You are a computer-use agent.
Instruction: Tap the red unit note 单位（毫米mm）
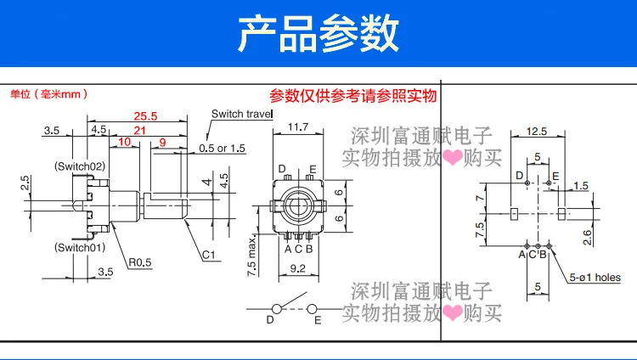point(48,94)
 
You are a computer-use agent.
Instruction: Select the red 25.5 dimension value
point(145,115)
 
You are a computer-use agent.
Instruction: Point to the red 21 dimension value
point(139,130)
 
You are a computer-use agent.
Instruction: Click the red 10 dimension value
point(124,142)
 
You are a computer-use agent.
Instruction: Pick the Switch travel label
point(240,114)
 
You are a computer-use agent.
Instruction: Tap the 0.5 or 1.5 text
point(222,148)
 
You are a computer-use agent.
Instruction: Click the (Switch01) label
point(79,247)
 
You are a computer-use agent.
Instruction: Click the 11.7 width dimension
point(298,127)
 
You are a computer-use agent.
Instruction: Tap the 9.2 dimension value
point(298,267)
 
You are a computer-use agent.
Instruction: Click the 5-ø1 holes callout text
point(595,277)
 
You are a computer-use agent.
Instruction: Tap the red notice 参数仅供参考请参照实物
point(352,95)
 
